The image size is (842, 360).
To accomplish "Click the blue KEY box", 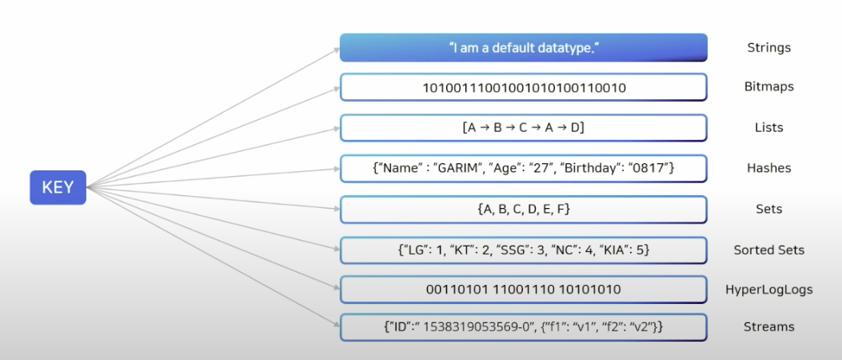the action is click(58, 187).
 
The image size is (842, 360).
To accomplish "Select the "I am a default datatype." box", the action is click(523, 48).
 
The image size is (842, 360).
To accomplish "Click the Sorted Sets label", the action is click(768, 250).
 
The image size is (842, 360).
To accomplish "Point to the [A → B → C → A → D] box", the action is click(524, 128).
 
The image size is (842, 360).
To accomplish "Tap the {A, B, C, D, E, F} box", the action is click(524, 210).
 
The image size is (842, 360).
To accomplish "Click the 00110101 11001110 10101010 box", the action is click(524, 290).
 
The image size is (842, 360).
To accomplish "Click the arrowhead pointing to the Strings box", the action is click(335, 50).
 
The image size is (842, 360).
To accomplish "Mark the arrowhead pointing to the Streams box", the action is click(335, 326).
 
